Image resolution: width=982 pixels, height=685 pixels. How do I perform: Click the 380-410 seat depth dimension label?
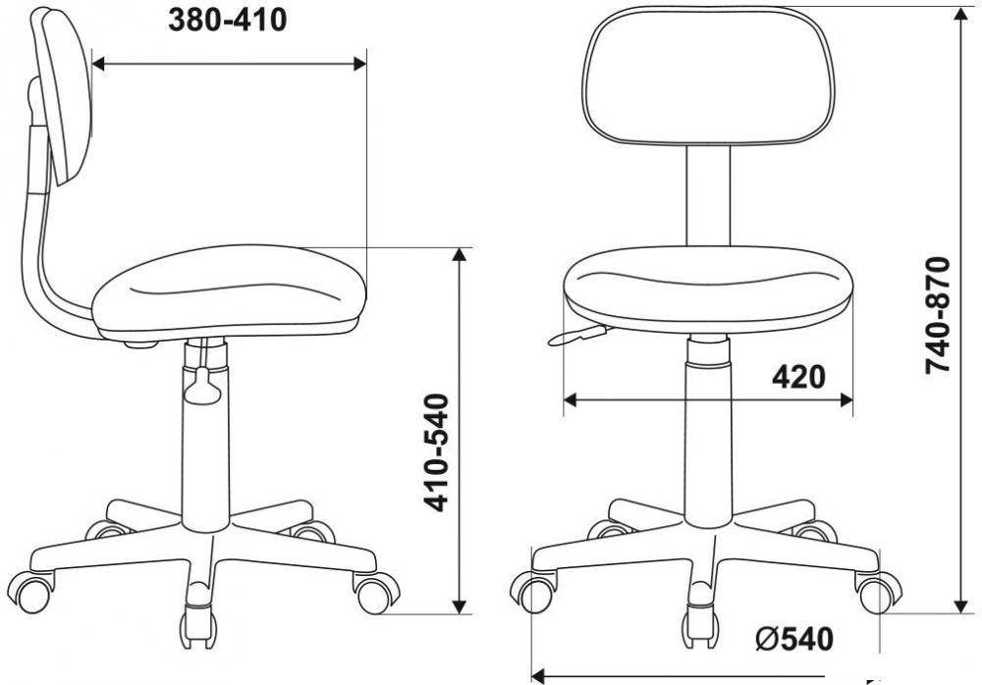228,22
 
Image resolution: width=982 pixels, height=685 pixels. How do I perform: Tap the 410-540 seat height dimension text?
436,452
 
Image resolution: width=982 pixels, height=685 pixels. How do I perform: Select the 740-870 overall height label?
938,315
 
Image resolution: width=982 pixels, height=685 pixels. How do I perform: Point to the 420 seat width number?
798,378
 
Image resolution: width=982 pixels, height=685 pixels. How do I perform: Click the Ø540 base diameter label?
794,639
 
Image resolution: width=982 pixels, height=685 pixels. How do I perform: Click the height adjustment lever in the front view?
578,335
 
